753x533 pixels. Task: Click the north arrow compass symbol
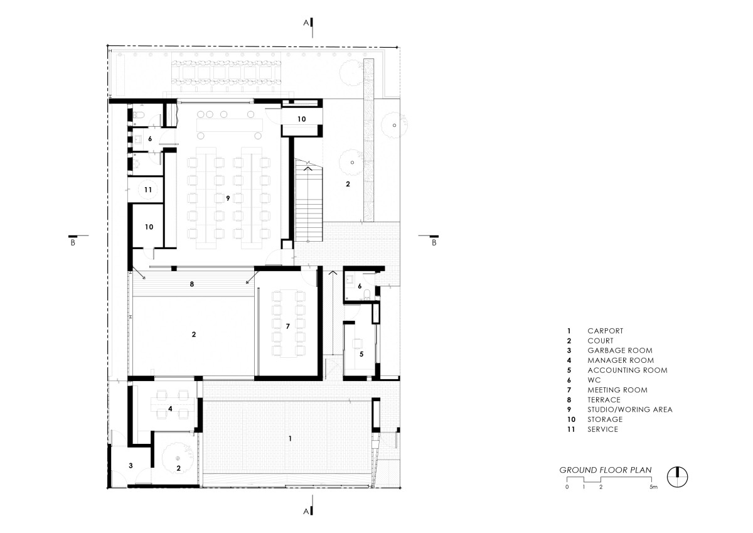point(677,477)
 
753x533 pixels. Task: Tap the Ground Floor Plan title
point(606,470)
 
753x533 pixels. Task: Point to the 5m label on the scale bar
point(653,487)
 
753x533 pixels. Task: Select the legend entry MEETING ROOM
point(617,390)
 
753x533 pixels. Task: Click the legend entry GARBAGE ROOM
point(620,350)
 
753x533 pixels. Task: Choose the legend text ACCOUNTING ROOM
point(627,370)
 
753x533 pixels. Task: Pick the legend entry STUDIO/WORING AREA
point(630,409)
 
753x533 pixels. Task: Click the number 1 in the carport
point(290,438)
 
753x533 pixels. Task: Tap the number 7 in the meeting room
point(288,326)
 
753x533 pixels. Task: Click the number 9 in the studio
point(228,198)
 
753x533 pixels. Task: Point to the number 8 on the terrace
point(191,284)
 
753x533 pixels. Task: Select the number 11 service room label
point(148,190)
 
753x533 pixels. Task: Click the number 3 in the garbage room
point(131,465)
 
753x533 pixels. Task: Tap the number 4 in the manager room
point(170,409)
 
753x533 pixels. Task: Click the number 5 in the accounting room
point(361,354)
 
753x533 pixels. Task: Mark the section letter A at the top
point(306,23)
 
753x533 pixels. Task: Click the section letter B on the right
point(434,242)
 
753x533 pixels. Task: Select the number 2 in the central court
point(194,334)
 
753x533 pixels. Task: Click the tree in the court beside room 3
point(178,458)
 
